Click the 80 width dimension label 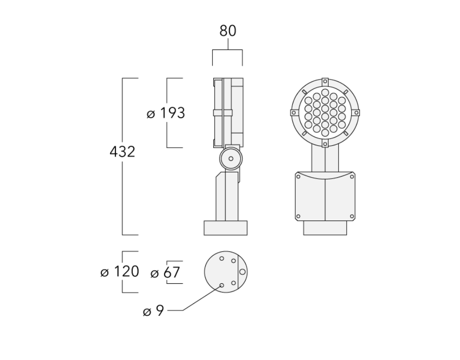pyautogui.click(x=228, y=31)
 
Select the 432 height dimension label pyautogui.click(x=122, y=152)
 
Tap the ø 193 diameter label pyautogui.click(x=166, y=113)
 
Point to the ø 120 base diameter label pyautogui.click(x=120, y=272)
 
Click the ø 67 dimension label pyautogui.click(x=165, y=272)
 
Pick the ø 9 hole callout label pyautogui.click(x=153, y=310)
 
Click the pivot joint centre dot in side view pyautogui.click(x=231, y=159)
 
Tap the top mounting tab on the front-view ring pyautogui.click(x=325, y=81)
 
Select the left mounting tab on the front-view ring pyautogui.click(x=293, y=113)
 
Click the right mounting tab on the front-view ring pyautogui.click(x=356, y=113)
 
